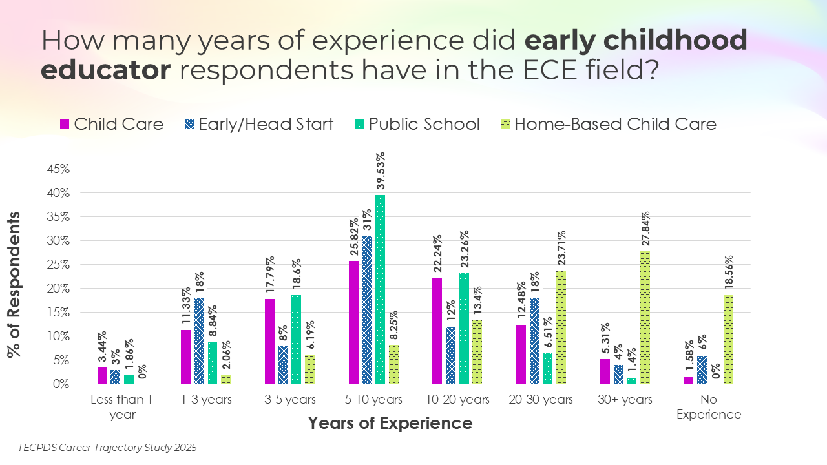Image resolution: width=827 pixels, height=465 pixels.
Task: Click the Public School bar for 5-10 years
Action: pyautogui.click(x=381, y=289)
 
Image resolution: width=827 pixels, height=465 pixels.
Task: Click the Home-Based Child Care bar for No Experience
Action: pyautogui.click(x=728, y=340)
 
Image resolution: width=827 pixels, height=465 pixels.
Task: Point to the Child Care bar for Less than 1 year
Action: pyautogui.click(x=102, y=376)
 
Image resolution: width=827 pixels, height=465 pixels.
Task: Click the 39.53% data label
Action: pyautogui.click(x=381, y=171)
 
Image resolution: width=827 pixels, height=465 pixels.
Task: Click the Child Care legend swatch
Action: pyautogui.click(x=65, y=124)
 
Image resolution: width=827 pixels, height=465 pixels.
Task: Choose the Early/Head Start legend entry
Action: pyautogui.click(x=258, y=124)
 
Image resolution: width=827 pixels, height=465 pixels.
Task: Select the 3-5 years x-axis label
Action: pyautogui.click(x=291, y=400)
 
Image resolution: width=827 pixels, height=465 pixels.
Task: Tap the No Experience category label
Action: pyautogui.click(x=709, y=407)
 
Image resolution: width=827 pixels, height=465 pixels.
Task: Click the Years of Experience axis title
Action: pyautogui.click(x=390, y=424)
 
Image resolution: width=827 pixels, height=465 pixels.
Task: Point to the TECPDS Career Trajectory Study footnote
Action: pyautogui.click(x=107, y=447)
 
